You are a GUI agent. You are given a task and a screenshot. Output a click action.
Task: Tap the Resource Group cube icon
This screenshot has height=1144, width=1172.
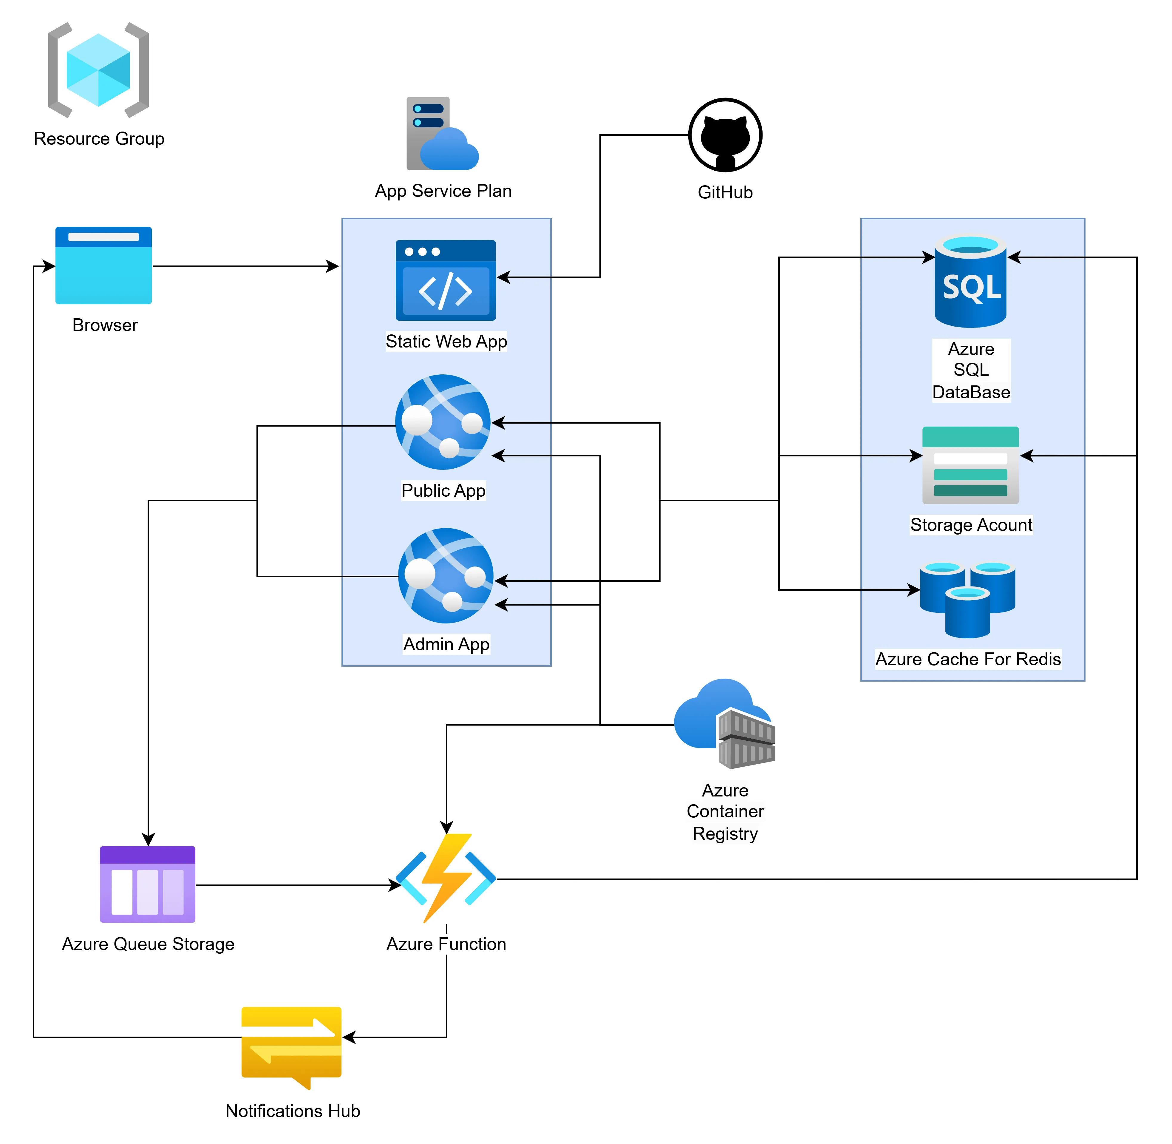click(x=98, y=70)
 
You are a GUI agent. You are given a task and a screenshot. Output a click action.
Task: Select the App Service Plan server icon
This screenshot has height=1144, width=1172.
click(x=442, y=133)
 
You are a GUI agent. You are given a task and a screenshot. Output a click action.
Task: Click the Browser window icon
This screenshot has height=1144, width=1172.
click(x=103, y=265)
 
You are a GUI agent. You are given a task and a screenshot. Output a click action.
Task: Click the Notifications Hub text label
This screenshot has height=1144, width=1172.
click(x=293, y=1111)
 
